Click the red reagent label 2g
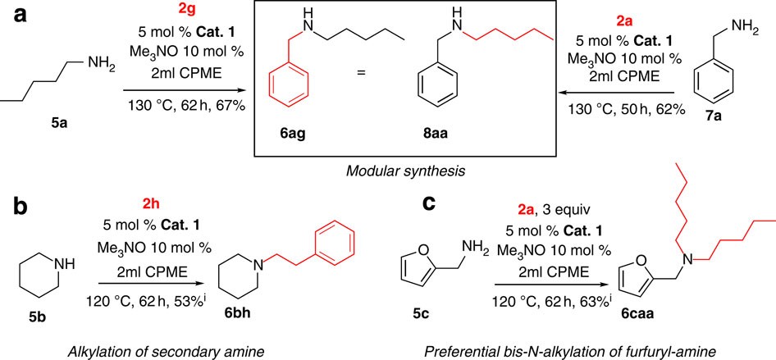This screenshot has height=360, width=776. (x=189, y=11)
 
